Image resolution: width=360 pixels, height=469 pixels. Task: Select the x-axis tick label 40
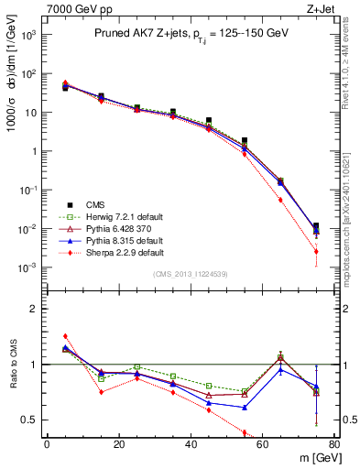pos(191,444)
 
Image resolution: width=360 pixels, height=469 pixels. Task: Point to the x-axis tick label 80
pos(334,444)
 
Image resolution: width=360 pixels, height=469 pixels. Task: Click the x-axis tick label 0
pos(47,444)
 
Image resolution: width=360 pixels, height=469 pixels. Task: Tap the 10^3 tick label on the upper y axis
pos(27,35)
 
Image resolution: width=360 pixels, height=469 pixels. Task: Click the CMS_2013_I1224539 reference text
pos(191,274)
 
